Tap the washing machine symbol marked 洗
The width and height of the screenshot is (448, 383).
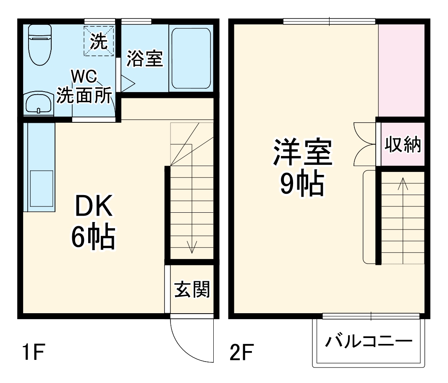(x=99, y=41)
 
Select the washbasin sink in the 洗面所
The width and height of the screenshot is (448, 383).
(x=38, y=103)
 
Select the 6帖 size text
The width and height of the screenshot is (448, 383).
(x=92, y=238)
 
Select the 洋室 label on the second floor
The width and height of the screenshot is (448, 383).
(x=303, y=153)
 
